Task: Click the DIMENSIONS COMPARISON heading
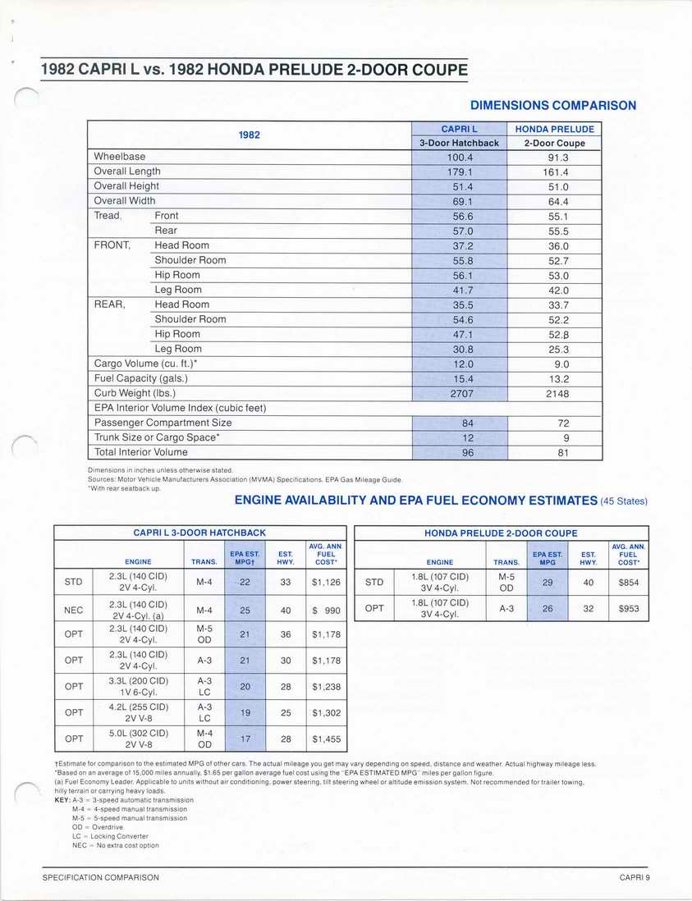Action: pyautogui.click(x=552, y=105)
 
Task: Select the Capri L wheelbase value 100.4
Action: pyautogui.click(x=460, y=156)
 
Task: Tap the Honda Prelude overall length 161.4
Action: pyautogui.click(x=554, y=172)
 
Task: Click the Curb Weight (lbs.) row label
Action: pyautogui.click(x=135, y=393)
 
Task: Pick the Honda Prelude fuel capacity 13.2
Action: pyautogui.click(x=554, y=378)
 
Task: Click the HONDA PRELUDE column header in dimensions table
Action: pyautogui.click(x=554, y=129)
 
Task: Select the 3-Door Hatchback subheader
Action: pyautogui.click(x=460, y=143)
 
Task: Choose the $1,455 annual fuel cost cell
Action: pyautogui.click(x=326, y=739)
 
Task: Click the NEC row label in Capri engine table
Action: pyautogui.click(x=73, y=610)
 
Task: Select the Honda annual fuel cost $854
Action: pyautogui.click(x=628, y=583)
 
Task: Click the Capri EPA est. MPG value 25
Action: pyautogui.click(x=245, y=610)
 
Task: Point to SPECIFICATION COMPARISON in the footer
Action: pyautogui.click(x=101, y=877)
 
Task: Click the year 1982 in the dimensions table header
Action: pyautogui.click(x=250, y=135)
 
